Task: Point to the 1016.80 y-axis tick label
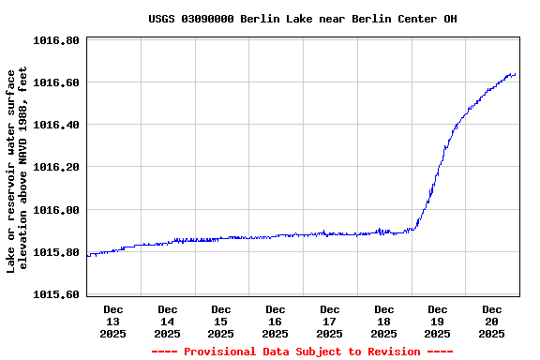pos(57,40)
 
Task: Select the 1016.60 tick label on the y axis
pos(57,82)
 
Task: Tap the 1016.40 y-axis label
pos(57,125)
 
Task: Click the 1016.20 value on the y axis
pos(57,167)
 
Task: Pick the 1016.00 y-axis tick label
pos(57,210)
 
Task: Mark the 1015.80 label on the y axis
pos(57,252)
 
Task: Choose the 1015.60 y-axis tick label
pos(57,294)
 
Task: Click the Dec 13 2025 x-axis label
pos(113,321)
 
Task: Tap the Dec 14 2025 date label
pos(168,321)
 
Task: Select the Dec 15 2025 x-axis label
pos(221,321)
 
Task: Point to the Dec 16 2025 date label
pos(276,321)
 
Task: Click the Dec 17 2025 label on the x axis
pos(329,321)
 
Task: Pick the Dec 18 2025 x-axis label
pos(383,321)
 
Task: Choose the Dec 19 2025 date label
pos(438,321)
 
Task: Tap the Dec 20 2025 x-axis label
pos(491,321)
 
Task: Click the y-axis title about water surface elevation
pos(18,169)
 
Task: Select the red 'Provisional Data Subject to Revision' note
pos(302,352)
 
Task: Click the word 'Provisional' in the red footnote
pos(221,352)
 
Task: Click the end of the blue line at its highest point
pos(515,74)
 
